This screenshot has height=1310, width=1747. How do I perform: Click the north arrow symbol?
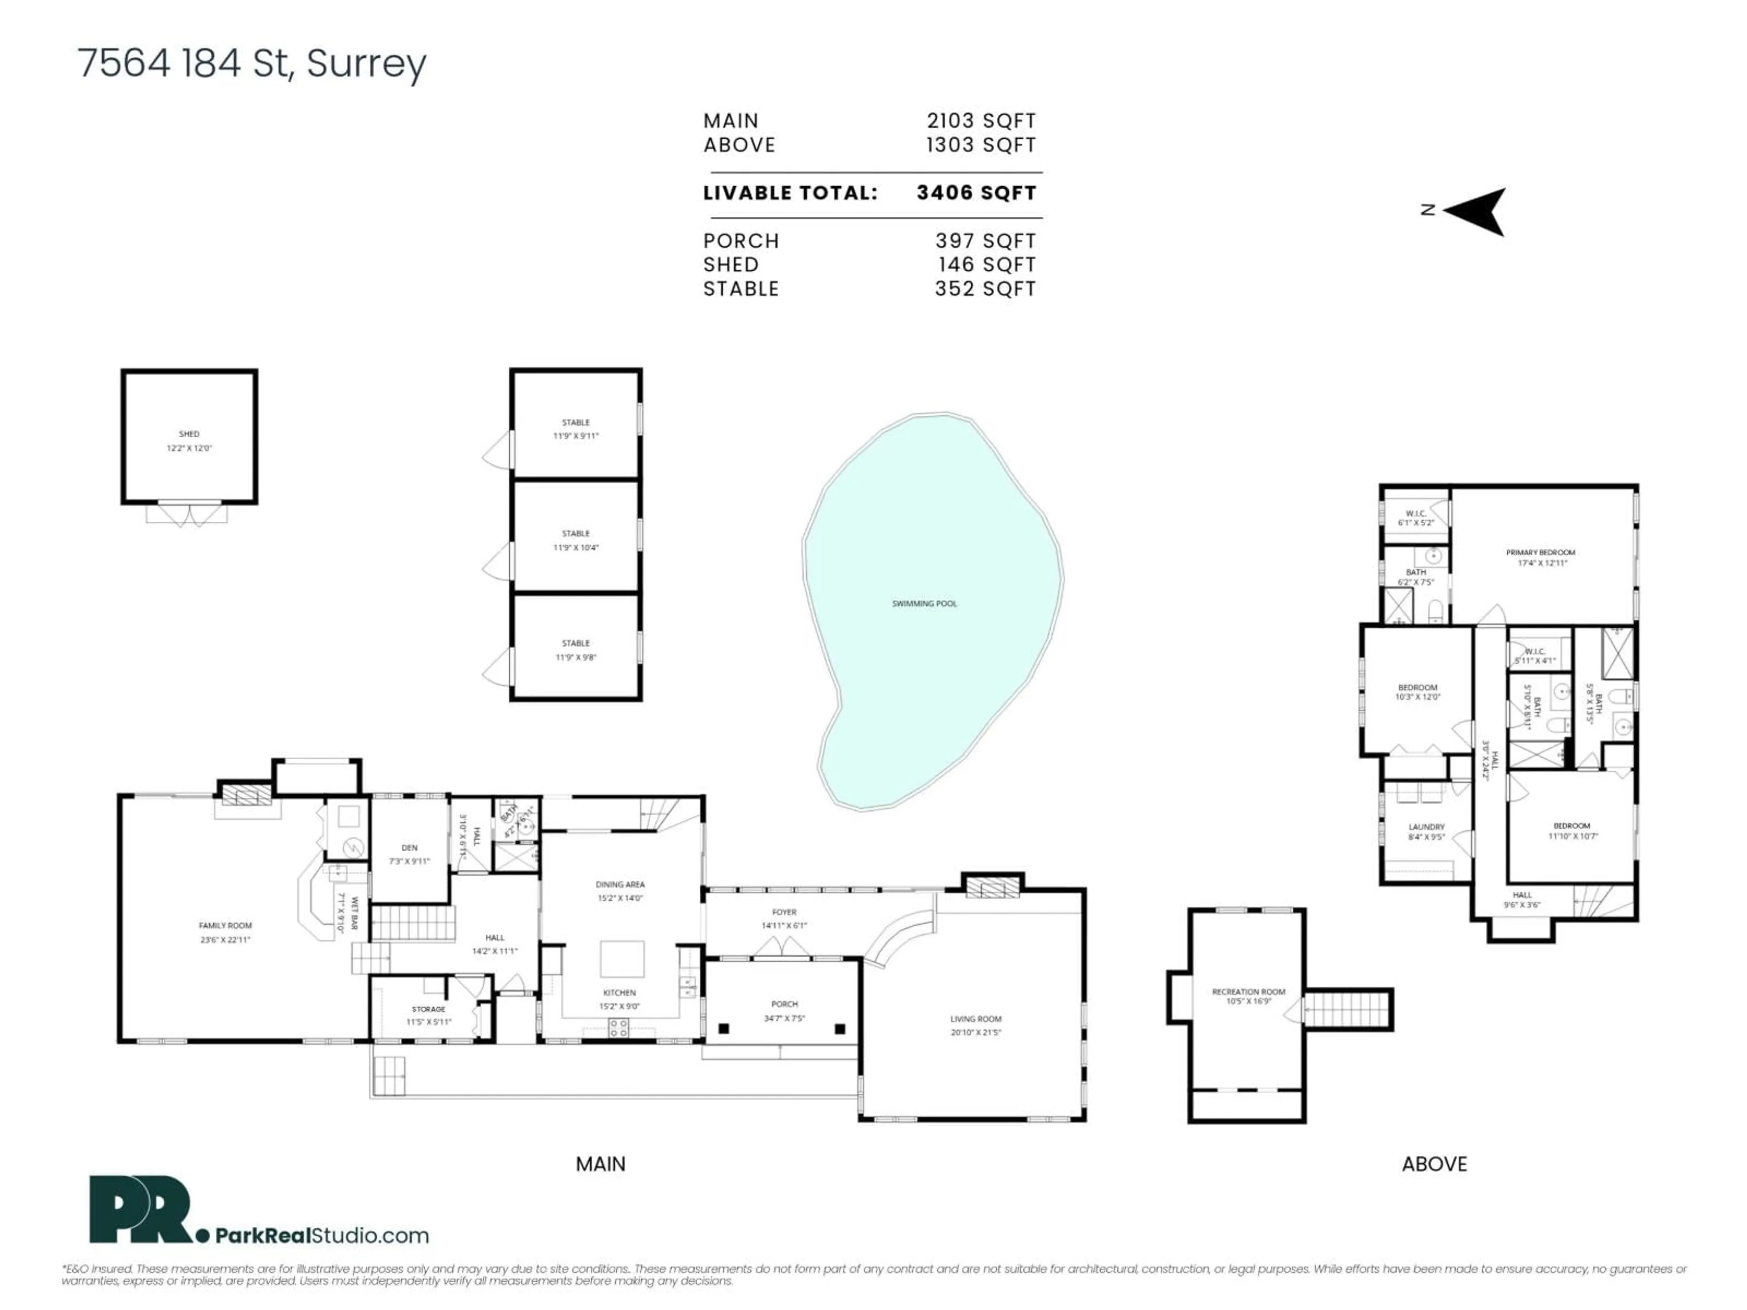pyautogui.click(x=1477, y=211)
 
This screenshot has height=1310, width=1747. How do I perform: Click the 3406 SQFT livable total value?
pyautogui.click(x=976, y=193)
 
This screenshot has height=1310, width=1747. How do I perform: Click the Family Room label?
pyautogui.click(x=225, y=926)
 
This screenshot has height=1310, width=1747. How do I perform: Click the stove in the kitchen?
pyautogui.click(x=618, y=1028)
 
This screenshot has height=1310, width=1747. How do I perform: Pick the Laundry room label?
pyautogui.click(x=1426, y=827)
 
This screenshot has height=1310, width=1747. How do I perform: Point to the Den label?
pyautogui.click(x=409, y=848)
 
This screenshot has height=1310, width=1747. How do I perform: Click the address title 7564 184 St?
pyautogui.click(x=251, y=63)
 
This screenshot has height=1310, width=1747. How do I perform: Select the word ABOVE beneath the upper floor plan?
pyautogui.click(x=1434, y=1164)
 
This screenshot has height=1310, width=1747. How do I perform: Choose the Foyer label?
pyautogui.click(x=784, y=912)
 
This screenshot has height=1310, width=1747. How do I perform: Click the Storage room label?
pyautogui.click(x=428, y=1009)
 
